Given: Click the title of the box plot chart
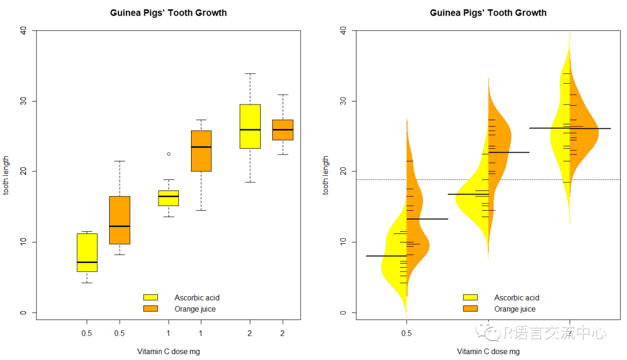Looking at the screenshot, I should [x=168, y=13].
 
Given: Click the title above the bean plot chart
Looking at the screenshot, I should [x=488, y=13].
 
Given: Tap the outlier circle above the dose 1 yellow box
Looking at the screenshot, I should [x=169, y=154].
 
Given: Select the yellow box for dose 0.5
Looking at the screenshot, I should [x=87, y=253].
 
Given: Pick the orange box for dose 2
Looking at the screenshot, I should [x=283, y=130].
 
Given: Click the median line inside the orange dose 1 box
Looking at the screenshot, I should [x=201, y=147].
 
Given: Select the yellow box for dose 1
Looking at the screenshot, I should [x=169, y=198].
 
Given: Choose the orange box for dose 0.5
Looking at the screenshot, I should [x=120, y=220].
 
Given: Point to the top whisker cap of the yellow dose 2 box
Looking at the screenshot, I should [x=250, y=74].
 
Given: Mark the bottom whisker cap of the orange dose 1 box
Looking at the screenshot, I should [x=201, y=210].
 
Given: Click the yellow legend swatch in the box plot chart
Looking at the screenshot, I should [x=150, y=298].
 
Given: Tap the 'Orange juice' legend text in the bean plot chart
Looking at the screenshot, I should [x=514, y=309].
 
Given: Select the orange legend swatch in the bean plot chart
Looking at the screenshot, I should [x=470, y=309].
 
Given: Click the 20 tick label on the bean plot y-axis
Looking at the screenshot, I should [x=343, y=171].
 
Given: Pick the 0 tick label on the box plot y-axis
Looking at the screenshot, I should [x=23, y=312].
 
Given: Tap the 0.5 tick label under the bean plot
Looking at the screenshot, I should [x=406, y=333].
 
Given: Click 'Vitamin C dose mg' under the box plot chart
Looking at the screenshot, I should [x=168, y=351].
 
